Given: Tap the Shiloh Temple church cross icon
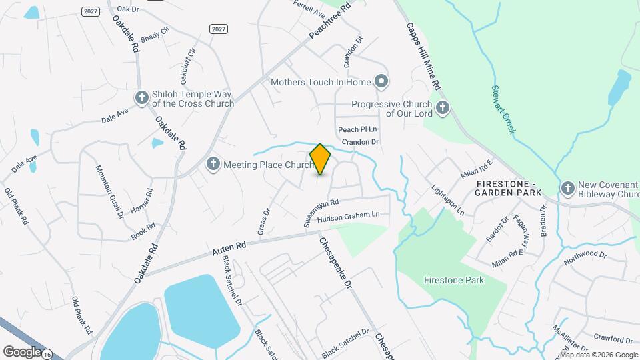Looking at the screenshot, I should pos(141,99).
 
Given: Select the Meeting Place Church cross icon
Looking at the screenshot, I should pos(213,164).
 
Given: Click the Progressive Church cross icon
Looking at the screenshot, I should pos(441,108).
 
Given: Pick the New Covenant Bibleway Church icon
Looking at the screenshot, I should pos(568,189).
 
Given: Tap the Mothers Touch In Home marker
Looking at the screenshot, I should pos(381,82).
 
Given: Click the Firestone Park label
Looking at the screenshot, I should pos(454,280).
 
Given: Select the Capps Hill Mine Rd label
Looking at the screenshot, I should pos(424,57).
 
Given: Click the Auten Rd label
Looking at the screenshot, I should pos(229,247).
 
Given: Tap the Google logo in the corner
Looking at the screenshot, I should pos(22,351).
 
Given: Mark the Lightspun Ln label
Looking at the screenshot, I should pos(447,199).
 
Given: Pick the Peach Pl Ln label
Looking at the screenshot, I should pos(357,129).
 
